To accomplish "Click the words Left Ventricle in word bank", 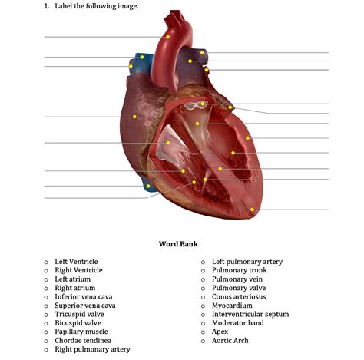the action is point(76,262).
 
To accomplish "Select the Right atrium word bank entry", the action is point(75,288).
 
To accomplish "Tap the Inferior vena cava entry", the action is point(84,296).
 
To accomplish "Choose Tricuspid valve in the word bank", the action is point(79,314).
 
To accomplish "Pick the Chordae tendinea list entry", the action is point(83,341).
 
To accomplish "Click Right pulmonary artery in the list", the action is point(92,349).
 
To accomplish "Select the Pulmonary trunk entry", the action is point(240,270).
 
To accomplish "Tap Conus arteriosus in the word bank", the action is point(239,296).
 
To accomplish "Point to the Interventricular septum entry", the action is point(250,314).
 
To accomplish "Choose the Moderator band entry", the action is point(238,323).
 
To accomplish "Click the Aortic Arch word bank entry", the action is point(230,341).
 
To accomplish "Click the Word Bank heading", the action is point(178,244).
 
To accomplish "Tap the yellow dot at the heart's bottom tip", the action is point(252,210).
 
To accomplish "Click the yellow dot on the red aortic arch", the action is point(167,37).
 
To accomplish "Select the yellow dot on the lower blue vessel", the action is point(148,186).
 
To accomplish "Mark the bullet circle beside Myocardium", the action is point(203,306).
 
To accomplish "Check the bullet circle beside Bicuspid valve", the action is point(46,323).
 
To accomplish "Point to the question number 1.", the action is point(47,6).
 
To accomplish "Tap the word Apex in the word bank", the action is point(220,332).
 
